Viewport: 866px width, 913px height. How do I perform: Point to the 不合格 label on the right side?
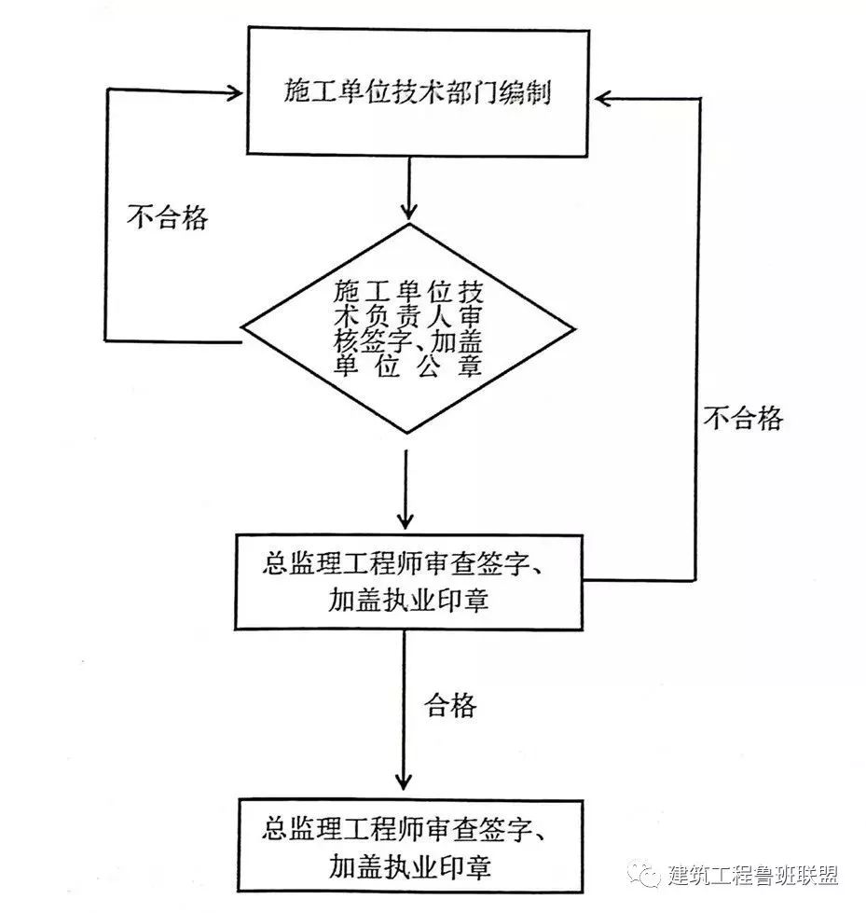pos(743,418)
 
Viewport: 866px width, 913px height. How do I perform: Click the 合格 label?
pos(451,705)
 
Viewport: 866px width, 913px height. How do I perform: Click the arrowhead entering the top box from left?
pos(234,91)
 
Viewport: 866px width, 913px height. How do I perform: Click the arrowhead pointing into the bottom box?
pos(404,782)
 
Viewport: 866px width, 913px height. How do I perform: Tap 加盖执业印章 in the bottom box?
pos(408,866)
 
